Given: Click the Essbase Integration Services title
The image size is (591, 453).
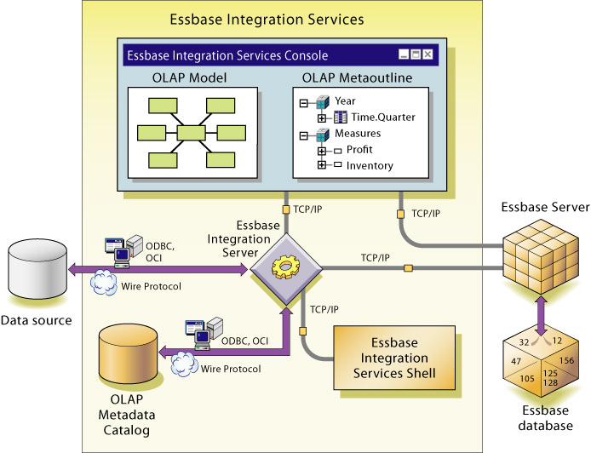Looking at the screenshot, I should tap(267, 18).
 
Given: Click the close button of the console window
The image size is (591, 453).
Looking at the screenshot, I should tap(427, 54).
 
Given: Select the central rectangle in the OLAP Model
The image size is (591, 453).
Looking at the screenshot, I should tap(192, 132).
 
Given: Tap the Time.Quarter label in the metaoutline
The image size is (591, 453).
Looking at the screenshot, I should tap(382, 117).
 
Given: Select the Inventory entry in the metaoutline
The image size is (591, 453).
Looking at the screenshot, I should tap(370, 165).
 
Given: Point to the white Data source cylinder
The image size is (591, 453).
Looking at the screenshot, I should tap(36, 268).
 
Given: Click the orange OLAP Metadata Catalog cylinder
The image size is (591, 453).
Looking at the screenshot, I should tap(127, 353).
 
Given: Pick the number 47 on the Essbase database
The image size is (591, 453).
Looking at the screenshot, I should tap(514, 361).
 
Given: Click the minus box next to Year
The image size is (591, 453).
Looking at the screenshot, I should tap(302, 102).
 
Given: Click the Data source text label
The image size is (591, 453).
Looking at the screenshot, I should tap(37, 320).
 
